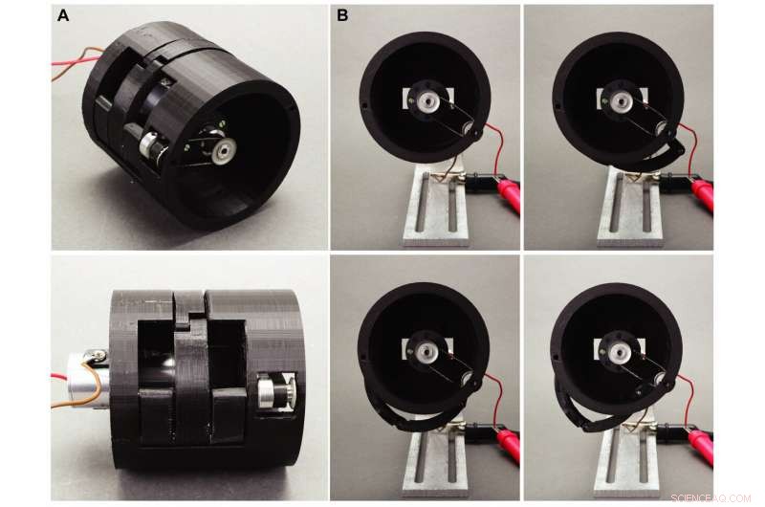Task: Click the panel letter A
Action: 63,15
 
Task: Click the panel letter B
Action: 342,15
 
